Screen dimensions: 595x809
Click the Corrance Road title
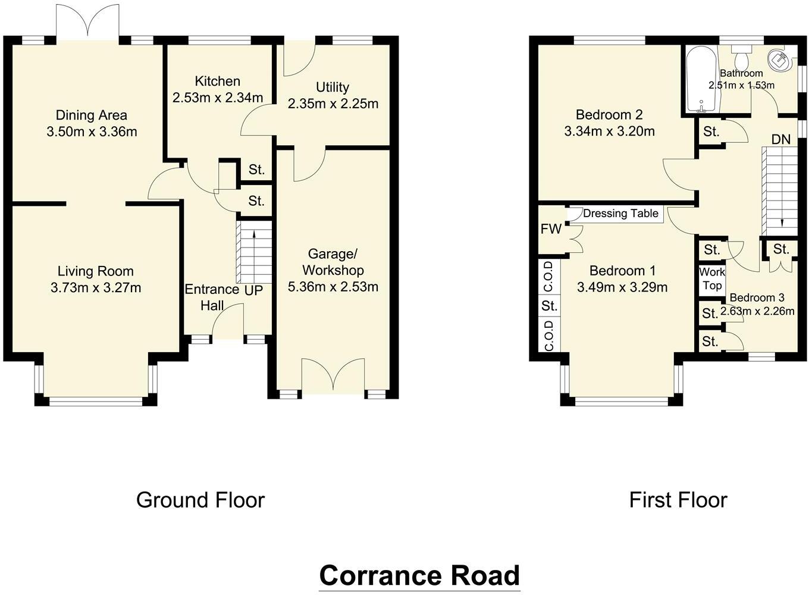[x=419, y=575]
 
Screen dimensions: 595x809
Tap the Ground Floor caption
[x=200, y=500]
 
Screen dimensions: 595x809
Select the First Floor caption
[x=678, y=500]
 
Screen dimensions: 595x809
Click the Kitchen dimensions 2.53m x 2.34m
[x=218, y=97]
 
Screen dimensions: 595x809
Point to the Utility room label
[x=333, y=87]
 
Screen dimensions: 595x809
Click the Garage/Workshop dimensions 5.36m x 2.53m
[x=333, y=287]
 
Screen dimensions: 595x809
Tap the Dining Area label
[x=92, y=115]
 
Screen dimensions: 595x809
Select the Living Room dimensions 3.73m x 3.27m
[x=96, y=288]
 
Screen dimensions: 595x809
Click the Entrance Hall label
[x=211, y=297]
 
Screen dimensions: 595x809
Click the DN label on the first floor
[x=780, y=140]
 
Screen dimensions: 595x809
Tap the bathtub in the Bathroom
[x=702, y=80]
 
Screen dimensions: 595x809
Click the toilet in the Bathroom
[x=741, y=58]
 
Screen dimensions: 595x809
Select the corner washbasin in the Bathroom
[x=779, y=58]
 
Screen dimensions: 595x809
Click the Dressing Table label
[x=620, y=214]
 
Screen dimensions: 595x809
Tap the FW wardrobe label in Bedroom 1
[x=551, y=229]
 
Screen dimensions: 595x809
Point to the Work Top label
[x=711, y=278]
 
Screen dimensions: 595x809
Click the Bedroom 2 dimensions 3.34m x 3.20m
[x=609, y=131]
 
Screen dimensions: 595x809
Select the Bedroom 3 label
[x=757, y=297]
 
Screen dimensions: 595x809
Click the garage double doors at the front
[x=333, y=376]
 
